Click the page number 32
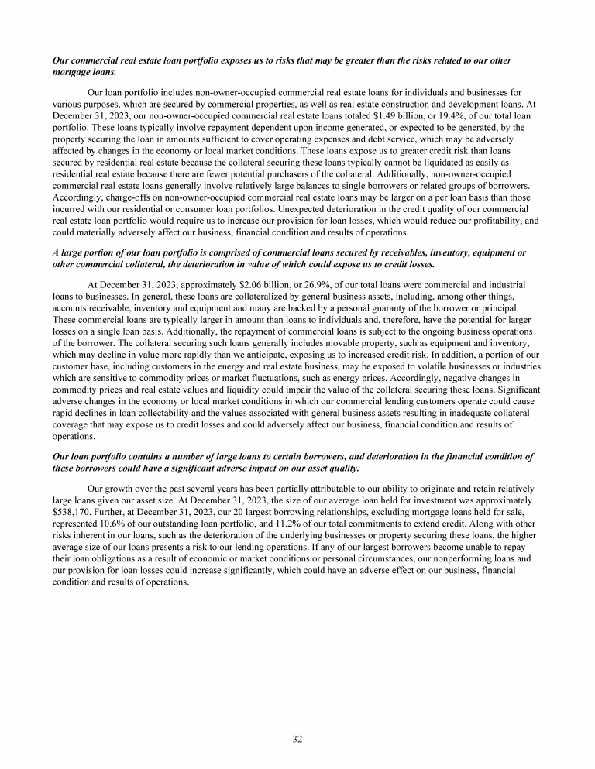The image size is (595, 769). [x=297, y=739]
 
